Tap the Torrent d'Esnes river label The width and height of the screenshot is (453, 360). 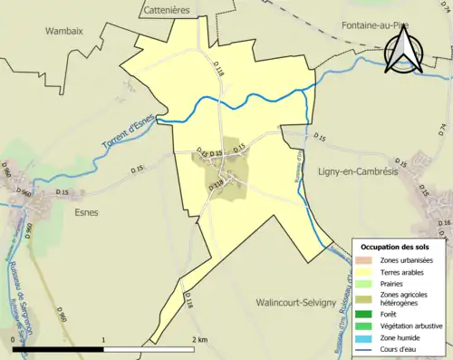click(x=126, y=130)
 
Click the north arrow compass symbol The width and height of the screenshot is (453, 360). click(x=401, y=50)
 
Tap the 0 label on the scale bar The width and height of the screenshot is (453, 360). click(x=14, y=339)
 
